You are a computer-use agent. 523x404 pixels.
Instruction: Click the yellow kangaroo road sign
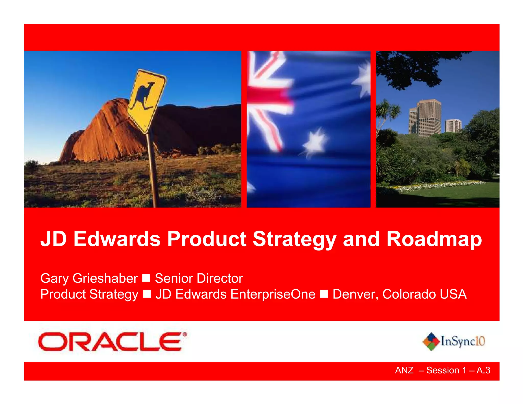[147, 101]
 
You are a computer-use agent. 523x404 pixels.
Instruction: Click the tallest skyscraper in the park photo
[429, 117]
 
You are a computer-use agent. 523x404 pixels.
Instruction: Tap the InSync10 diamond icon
[431, 341]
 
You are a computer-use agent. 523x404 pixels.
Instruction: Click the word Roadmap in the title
[434, 239]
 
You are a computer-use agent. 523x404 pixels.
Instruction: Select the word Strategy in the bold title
[294, 239]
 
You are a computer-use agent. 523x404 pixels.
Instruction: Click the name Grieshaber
[105, 278]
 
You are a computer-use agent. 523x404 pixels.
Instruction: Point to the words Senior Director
[199, 278]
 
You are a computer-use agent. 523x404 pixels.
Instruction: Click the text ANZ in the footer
[404, 370]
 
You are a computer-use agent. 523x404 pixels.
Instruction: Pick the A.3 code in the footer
[483, 370]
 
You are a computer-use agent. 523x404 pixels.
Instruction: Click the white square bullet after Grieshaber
[146, 278]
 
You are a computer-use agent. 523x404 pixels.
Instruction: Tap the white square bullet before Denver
[324, 294]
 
